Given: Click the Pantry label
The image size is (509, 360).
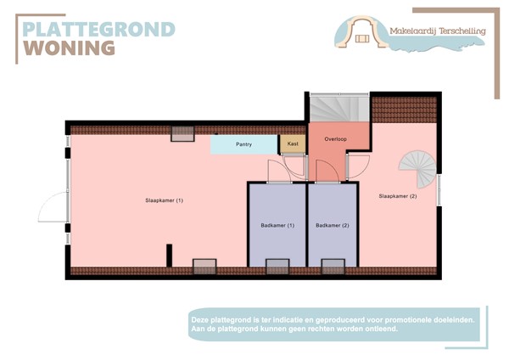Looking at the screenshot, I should point(243,144).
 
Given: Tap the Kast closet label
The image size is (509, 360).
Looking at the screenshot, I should point(293,144).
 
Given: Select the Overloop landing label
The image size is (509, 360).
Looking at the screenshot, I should point(335,138).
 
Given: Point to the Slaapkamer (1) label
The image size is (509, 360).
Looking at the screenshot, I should point(164,200).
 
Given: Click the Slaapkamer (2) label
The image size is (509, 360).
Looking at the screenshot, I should point(398,196).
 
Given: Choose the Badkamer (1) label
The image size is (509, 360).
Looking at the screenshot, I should point(277,225).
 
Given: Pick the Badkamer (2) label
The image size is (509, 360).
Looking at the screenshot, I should point(333,225).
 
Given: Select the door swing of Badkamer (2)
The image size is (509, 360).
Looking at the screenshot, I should point(326,169).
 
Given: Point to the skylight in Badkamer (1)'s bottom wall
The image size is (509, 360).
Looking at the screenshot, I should point(277,267).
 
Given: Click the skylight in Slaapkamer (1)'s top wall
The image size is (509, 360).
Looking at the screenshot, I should point(182,132).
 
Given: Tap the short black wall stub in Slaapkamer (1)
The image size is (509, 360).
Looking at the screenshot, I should point(169,255).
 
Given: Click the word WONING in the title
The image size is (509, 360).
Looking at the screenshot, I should point(70,48).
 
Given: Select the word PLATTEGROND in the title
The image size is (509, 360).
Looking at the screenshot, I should point(98,29).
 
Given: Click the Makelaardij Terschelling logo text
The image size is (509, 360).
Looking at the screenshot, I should point(437,31).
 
